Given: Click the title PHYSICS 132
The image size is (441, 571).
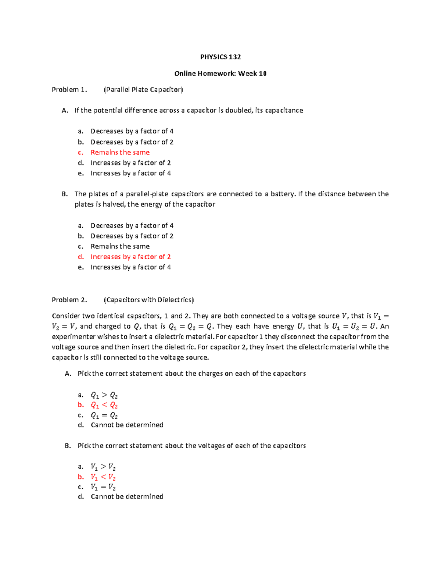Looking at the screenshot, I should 220,57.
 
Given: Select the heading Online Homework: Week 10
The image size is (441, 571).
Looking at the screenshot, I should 220,74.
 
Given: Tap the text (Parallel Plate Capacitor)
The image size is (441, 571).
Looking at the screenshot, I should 143,90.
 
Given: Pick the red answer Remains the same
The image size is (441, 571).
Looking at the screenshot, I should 120,153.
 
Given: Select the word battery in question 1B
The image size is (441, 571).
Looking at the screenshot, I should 283,194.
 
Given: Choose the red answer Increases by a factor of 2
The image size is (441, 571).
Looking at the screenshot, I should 130,257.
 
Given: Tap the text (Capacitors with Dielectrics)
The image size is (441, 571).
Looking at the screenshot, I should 149,300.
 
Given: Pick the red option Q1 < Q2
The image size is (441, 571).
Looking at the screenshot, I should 104,405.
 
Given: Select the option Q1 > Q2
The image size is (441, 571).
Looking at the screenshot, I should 104,395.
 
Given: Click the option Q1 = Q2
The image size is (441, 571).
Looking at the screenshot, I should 104,415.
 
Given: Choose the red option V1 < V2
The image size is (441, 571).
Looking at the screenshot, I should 103,477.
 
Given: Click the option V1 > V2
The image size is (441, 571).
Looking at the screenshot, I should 103,467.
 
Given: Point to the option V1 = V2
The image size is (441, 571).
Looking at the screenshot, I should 103,487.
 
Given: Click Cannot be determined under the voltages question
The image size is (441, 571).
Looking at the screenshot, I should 127,497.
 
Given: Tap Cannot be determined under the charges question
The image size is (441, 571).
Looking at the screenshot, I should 127,425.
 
